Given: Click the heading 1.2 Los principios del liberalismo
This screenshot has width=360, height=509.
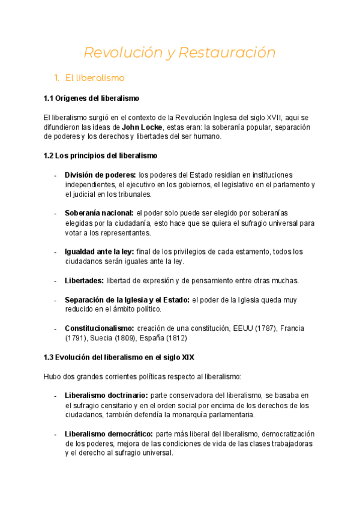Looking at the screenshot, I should pos(100,155).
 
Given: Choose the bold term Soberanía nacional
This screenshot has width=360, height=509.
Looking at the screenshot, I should pos(99,213).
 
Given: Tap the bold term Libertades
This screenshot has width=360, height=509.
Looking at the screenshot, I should pos(85,280).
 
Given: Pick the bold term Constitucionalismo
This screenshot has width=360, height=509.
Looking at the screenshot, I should pos(100,328).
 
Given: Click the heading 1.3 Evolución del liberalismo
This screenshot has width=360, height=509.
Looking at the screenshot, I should pos(119,357).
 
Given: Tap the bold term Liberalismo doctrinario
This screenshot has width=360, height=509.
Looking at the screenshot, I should pos(106,396).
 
